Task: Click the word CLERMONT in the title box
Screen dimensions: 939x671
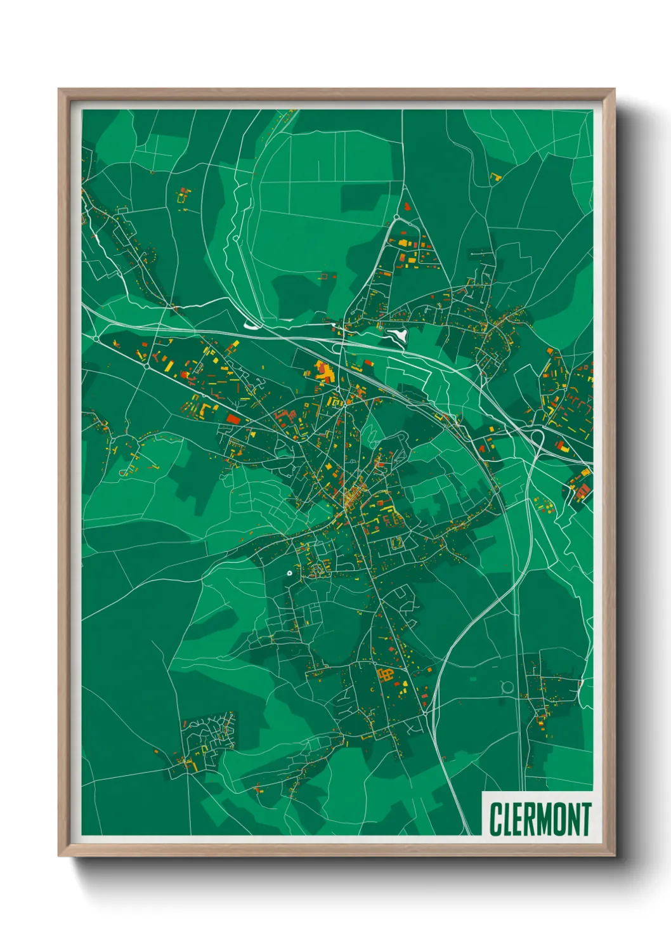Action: (x=539, y=819)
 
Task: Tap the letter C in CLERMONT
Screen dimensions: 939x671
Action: (x=495, y=819)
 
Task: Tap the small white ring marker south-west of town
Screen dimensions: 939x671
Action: (x=289, y=573)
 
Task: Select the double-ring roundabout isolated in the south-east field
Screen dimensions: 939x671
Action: (x=506, y=686)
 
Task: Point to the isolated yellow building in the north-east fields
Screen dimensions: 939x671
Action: (x=496, y=177)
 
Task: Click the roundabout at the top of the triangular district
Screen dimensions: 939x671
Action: (x=397, y=218)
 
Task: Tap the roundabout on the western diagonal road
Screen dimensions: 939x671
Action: (x=147, y=366)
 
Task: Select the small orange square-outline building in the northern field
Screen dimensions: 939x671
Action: (x=328, y=276)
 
